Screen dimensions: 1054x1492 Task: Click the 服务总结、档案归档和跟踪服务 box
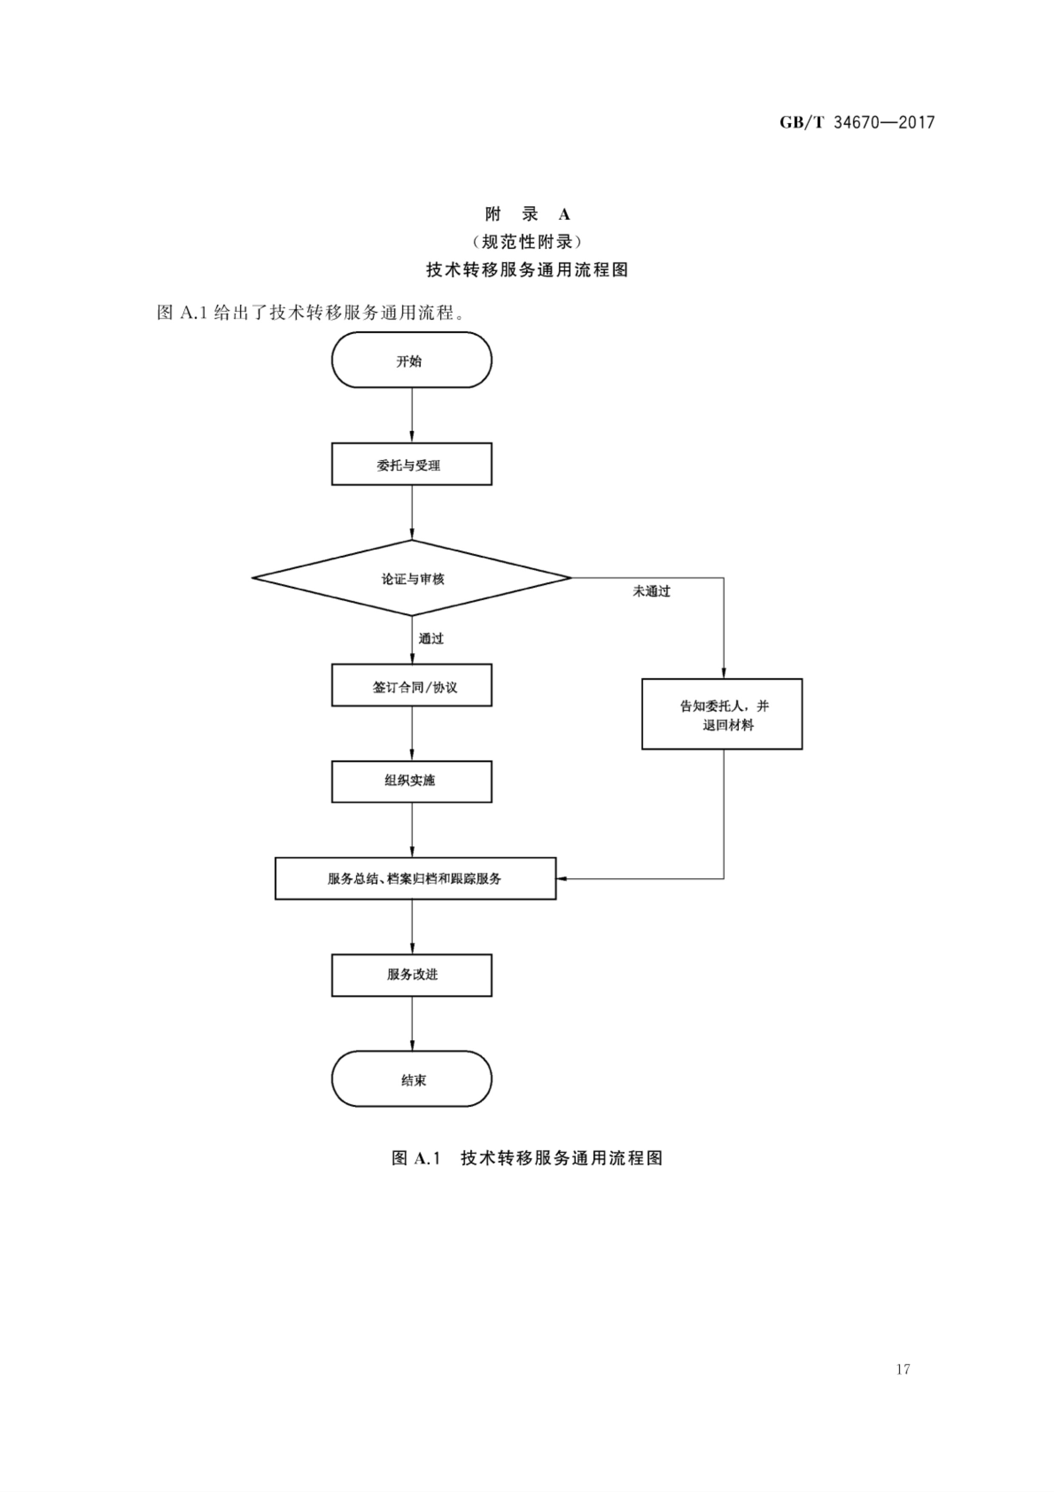[x=415, y=878]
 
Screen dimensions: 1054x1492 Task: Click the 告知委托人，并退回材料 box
[x=722, y=714]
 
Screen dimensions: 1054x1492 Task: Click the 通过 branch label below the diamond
[x=431, y=639]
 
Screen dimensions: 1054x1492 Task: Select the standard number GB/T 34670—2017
[x=857, y=122]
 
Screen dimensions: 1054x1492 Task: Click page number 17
[x=903, y=1369]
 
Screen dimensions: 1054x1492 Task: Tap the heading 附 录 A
[x=527, y=214]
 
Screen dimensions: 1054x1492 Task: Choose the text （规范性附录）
[x=527, y=242]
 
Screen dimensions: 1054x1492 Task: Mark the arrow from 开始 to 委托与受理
[x=412, y=415]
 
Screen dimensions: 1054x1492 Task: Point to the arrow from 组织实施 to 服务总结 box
[x=412, y=830]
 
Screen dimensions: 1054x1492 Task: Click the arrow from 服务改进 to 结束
[x=412, y=1023]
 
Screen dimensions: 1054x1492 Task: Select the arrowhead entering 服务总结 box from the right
[x=562, y=878]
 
